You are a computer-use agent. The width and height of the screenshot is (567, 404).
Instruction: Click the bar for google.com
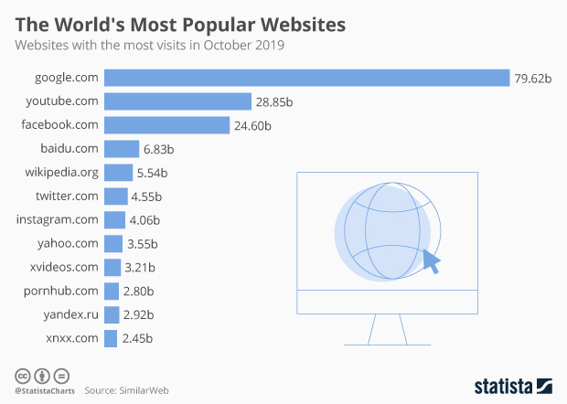click(306, 78)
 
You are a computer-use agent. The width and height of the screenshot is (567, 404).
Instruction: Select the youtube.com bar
click(177, 101)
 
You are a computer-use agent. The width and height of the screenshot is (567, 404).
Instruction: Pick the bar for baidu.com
click(122, 148)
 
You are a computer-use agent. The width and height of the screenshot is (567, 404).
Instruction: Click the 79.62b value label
click(534, 79)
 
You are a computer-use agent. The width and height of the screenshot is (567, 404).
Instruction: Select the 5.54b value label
click(153, 172)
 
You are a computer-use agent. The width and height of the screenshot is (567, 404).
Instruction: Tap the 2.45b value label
click(136, 339)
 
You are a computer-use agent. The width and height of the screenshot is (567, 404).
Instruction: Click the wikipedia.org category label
click(62, 172)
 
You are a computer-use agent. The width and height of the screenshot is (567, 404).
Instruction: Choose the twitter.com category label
click(67, 196)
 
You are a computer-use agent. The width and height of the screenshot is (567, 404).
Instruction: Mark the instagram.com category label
click(58, 219)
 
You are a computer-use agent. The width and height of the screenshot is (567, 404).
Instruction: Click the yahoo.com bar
click(113, 243)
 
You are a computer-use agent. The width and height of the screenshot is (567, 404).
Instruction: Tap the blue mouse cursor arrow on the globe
click(430, 262)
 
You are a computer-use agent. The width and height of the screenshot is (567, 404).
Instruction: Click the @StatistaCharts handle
click(43, 390)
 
